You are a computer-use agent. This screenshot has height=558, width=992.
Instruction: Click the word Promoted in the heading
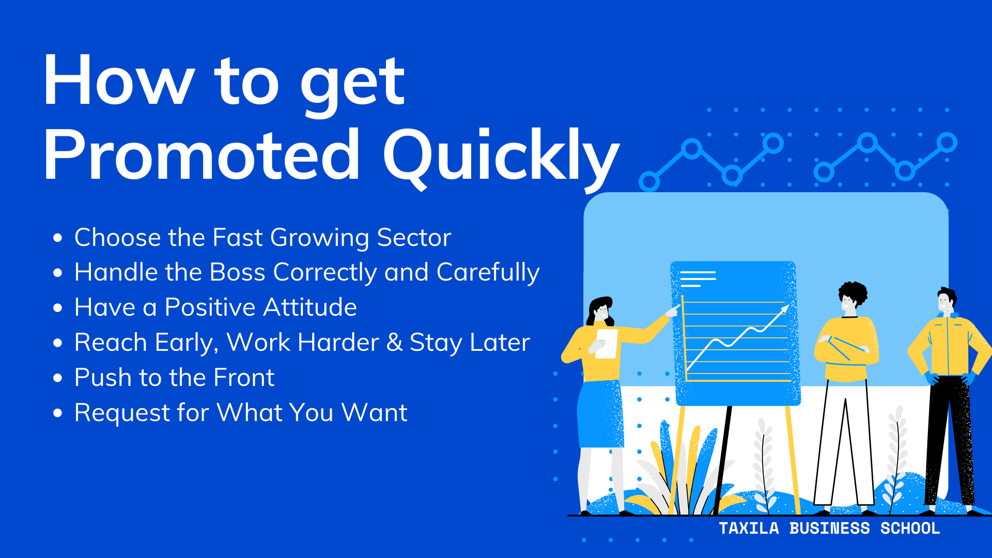(x=202, y=155)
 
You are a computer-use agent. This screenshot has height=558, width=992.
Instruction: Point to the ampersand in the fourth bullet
(x=394, y=342)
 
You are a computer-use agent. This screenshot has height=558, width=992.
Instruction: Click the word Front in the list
(x=244, y=378)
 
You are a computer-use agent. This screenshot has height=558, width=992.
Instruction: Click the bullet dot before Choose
(x=58, y=238)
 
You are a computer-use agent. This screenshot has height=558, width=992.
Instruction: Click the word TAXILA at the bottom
(x=749, y=529)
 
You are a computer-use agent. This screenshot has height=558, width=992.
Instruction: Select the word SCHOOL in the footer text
(x=910, y=529)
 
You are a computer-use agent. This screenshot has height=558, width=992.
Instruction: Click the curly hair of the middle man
(x=853, y=292)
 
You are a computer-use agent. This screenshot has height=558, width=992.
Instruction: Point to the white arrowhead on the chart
(x=785, y=309)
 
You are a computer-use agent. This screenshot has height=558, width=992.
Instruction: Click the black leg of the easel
(x=723, y=455)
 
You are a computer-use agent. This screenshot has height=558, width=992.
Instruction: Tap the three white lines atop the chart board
(x=698, y=278)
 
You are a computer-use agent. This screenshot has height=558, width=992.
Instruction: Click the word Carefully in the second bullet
(x=488, y=272)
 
